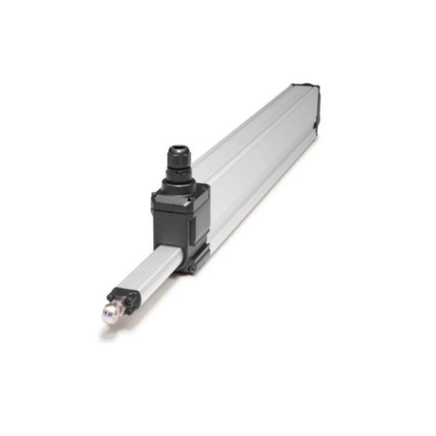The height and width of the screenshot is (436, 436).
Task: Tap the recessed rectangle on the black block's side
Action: pyautogui.click(x=202, y=218)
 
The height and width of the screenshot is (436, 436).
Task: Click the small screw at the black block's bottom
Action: pyautogui.click(x=192, y=268)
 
